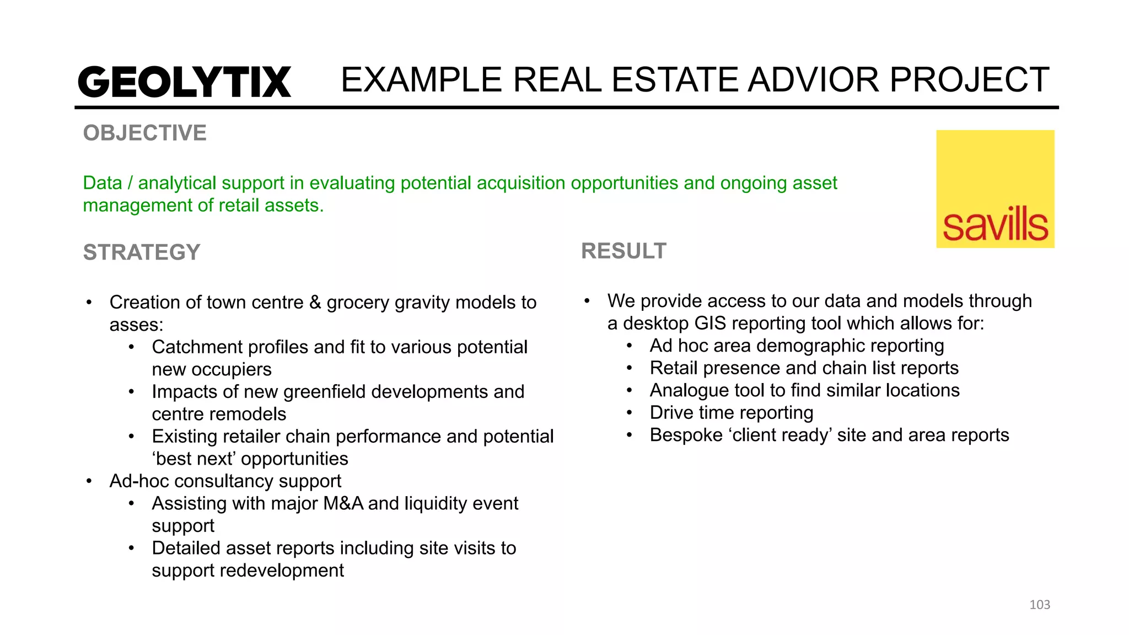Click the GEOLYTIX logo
coord(184,82)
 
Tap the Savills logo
coord(995,189)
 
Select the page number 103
coord(1039,605)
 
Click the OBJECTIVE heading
coord(144,133)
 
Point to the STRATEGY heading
coord(142,252)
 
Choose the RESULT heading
coord(623,251)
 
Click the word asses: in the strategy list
coord(136,325)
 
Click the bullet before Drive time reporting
coord(629,413)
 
